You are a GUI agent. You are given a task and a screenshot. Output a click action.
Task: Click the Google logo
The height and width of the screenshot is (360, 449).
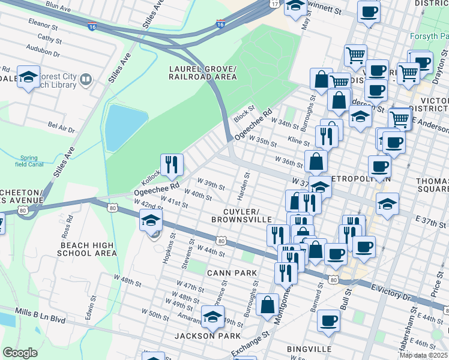[x=20, y=353]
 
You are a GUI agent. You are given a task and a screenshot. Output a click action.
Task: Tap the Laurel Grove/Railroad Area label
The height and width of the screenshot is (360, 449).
[x=202, y=73]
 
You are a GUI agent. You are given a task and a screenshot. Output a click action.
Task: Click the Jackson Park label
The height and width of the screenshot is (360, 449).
[x=207, y=335]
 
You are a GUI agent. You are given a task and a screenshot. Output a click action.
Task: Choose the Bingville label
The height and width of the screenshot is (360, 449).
[x=309, y=349]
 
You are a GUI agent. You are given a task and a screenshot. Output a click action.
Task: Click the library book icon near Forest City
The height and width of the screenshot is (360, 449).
[x=85, y=80]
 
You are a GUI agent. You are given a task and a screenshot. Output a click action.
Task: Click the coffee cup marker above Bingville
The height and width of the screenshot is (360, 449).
[x=328, y=321]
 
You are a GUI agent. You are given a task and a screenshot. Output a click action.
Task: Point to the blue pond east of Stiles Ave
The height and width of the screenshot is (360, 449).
[x=124, y=127]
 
